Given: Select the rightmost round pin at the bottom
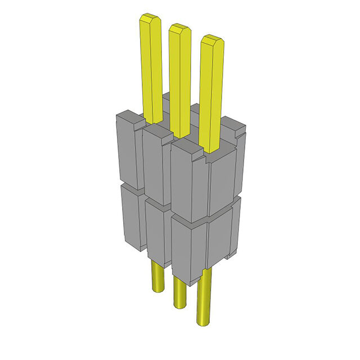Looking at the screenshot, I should (204, 298).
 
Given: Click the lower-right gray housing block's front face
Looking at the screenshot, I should (189, 247).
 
